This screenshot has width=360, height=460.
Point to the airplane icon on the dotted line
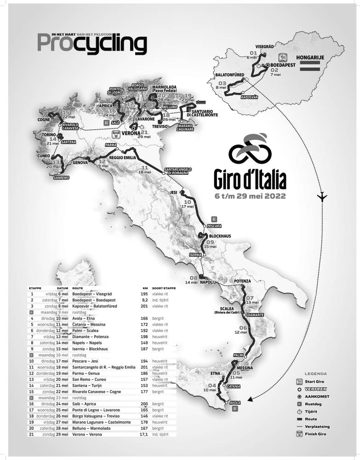[323, 196]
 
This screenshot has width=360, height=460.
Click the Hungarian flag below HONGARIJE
[310, 67]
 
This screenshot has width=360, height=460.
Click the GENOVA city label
[80, 162]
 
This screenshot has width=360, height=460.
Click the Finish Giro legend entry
[318, 434]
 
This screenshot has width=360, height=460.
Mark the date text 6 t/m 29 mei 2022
[251, 195]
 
